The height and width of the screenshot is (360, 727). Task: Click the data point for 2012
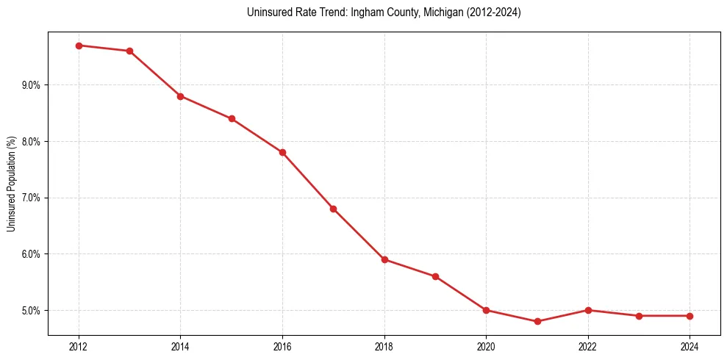(79, 46)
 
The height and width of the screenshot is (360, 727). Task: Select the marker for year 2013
(129, 51)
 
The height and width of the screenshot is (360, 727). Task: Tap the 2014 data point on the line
(180, 96)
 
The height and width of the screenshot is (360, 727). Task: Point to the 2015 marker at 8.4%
(232, 118)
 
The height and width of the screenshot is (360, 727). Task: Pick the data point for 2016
(282, 152)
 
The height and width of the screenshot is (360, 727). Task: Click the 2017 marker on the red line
(333, 209)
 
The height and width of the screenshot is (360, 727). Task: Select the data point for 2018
(384, 259)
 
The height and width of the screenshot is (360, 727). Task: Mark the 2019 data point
(435, 276)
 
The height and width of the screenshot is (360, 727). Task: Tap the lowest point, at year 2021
(537, 321)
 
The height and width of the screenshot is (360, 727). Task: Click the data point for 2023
(639, 316)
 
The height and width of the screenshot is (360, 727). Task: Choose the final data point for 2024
(690, 316)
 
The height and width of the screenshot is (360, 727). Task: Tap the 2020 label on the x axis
(486, 346)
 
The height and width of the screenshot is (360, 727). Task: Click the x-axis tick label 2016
(282, 346)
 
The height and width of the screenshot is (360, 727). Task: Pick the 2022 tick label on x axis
(588, 346)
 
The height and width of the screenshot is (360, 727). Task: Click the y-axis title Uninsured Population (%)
(11, 184)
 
